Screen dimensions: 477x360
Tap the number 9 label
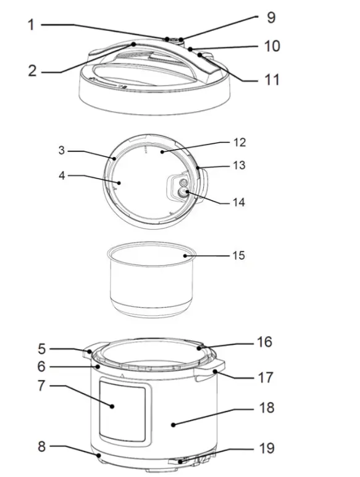[271, 17]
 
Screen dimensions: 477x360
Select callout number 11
[272, 80]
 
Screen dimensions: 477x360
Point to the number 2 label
[33, 70]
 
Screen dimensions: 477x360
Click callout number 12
[240, 142]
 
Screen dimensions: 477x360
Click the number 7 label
[41, 387]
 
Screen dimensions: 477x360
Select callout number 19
[266, 448]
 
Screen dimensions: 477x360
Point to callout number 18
[266, 408]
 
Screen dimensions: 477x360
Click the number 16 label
[264, 342]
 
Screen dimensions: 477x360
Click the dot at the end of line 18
[174, 424]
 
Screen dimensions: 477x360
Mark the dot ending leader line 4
[118, 183]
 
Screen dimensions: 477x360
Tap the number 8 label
[41, 445]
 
